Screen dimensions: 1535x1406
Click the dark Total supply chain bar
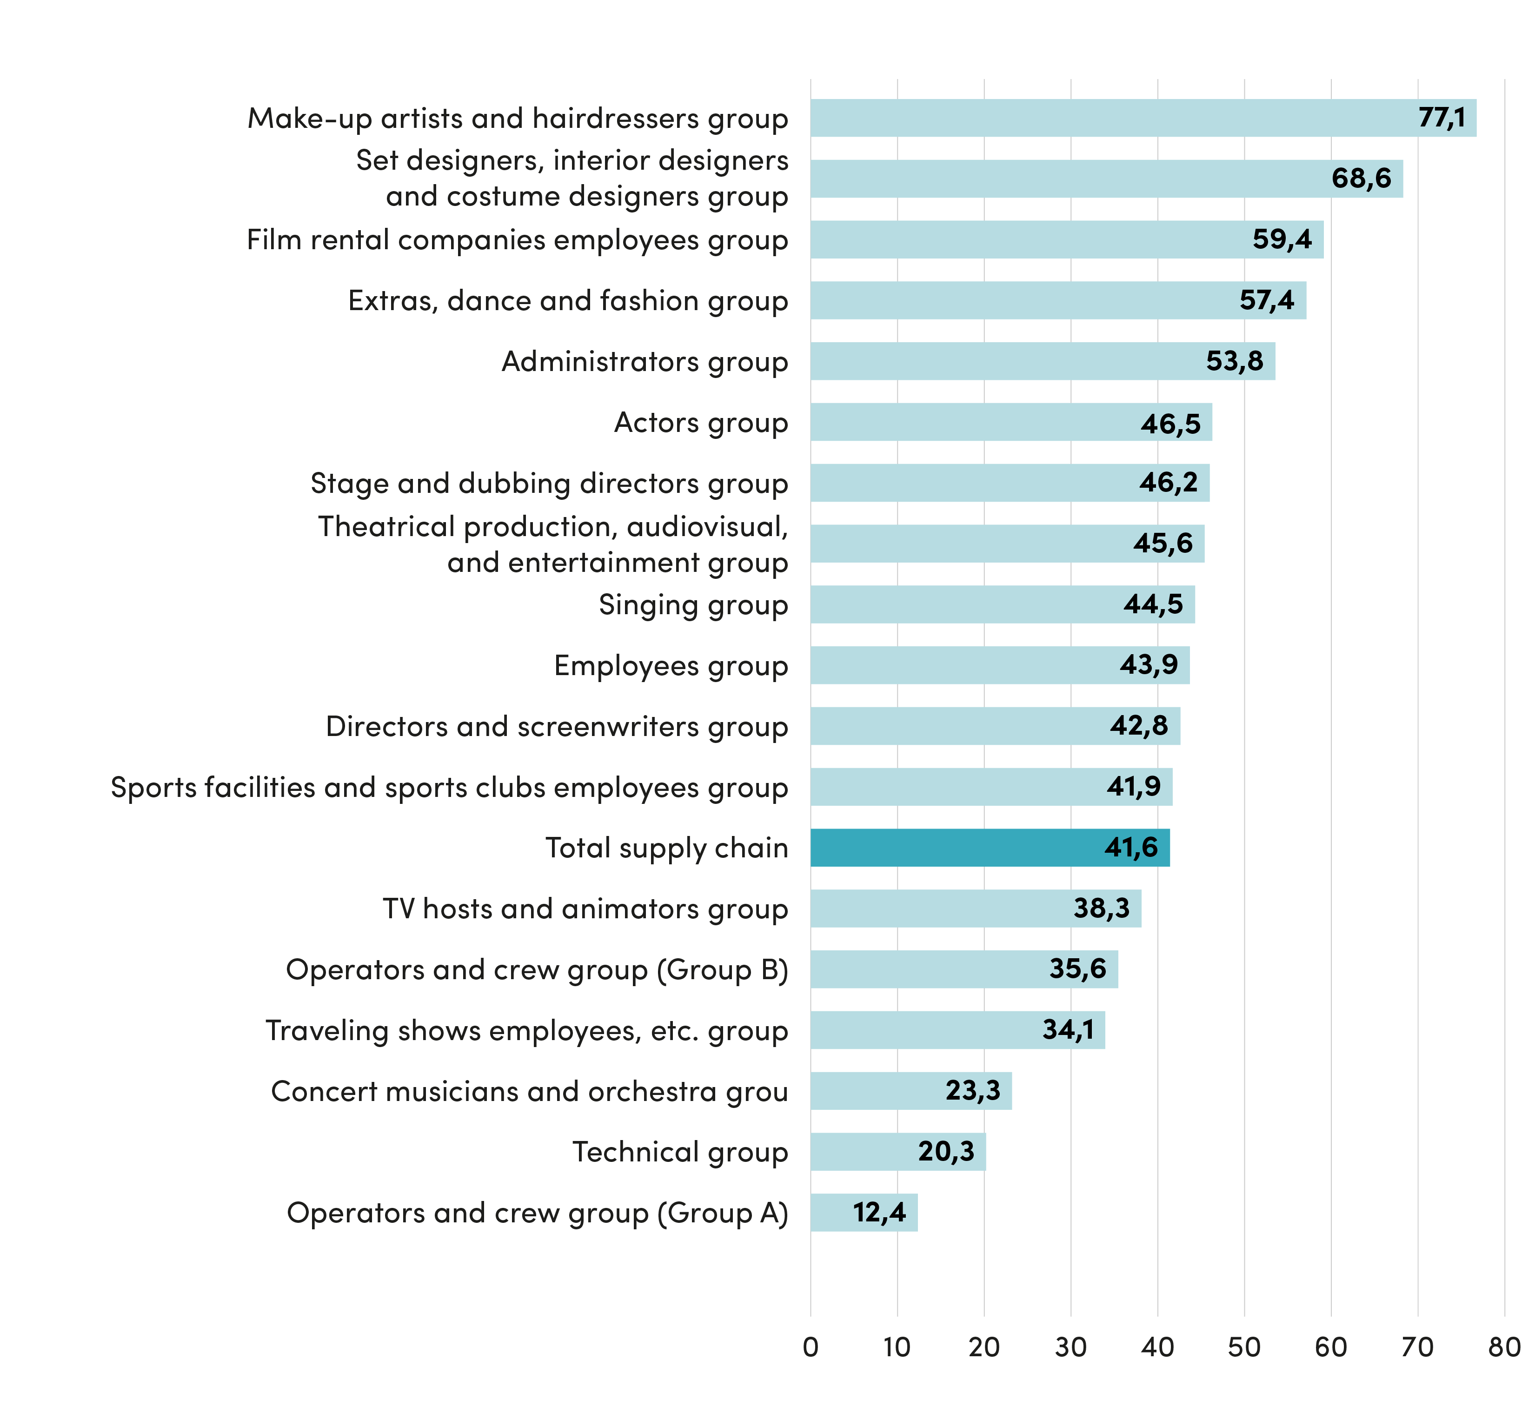click(x=990, y=847)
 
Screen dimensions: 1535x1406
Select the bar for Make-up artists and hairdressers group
click(x=1143, y=118)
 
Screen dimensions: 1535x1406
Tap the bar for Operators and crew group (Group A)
click(x=864, y=1212)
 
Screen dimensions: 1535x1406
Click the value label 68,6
click(x=1362, y=178)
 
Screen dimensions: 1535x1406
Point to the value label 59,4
click(x=1282, y=239)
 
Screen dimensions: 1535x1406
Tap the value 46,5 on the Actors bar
click(x=1170, y=423)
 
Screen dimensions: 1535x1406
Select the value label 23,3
click(x=973, y=1091)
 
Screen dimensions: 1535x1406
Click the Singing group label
click(x=693, y=606)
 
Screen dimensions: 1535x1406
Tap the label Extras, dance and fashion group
click(x=568, y=301)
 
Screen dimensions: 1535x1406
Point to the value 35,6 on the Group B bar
click(x=1077, y=968)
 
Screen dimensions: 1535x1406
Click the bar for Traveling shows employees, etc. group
click(x=958, y=1030)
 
